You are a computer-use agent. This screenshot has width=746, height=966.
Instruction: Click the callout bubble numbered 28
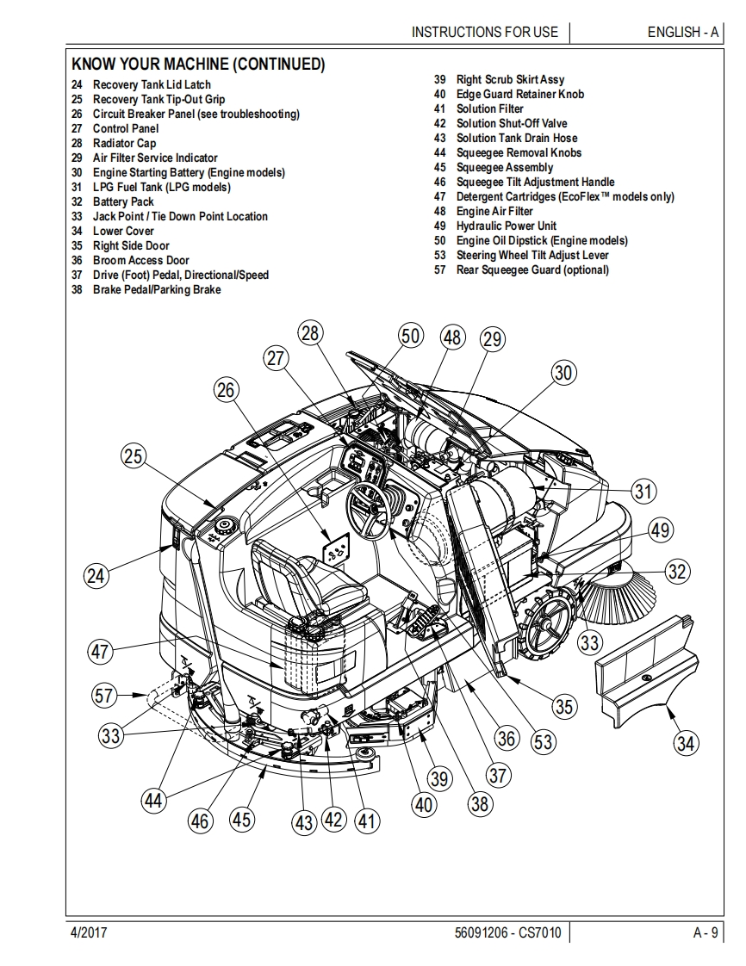pyautogui.click(x=311, y=333)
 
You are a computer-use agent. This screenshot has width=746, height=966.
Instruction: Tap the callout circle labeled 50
pyautogui.click(x=411, y=336)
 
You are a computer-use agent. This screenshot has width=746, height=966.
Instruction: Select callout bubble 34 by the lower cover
pyautogui.click(x=686, y=741)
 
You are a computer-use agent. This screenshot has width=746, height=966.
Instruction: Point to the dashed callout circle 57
pyautogui.click(x=105, y=695)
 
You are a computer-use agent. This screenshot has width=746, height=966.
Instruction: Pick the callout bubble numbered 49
pyautogui.click(x=659, y=530)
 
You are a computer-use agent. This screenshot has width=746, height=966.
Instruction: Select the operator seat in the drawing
pyautogui.click(x=302, y=577)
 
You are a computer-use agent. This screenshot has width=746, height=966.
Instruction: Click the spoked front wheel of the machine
pyautogui.click(x=548, y=624)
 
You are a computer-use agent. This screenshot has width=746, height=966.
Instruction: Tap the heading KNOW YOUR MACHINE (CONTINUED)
pyautogui.click(x=198, y=65)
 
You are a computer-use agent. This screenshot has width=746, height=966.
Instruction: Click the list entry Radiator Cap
pyautogui.click(x=124, y=143)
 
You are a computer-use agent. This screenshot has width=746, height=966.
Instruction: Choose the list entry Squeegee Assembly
pyautogui.click(x=505, y=167)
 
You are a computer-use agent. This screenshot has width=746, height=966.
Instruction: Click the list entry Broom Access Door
pyautogui.click(x=140, y=260)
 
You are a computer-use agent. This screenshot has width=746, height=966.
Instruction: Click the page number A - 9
pyautogui.click(x=705, y=932)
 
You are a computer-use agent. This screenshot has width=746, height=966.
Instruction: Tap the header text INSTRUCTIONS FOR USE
pyautogui.click(x=485, y=32)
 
